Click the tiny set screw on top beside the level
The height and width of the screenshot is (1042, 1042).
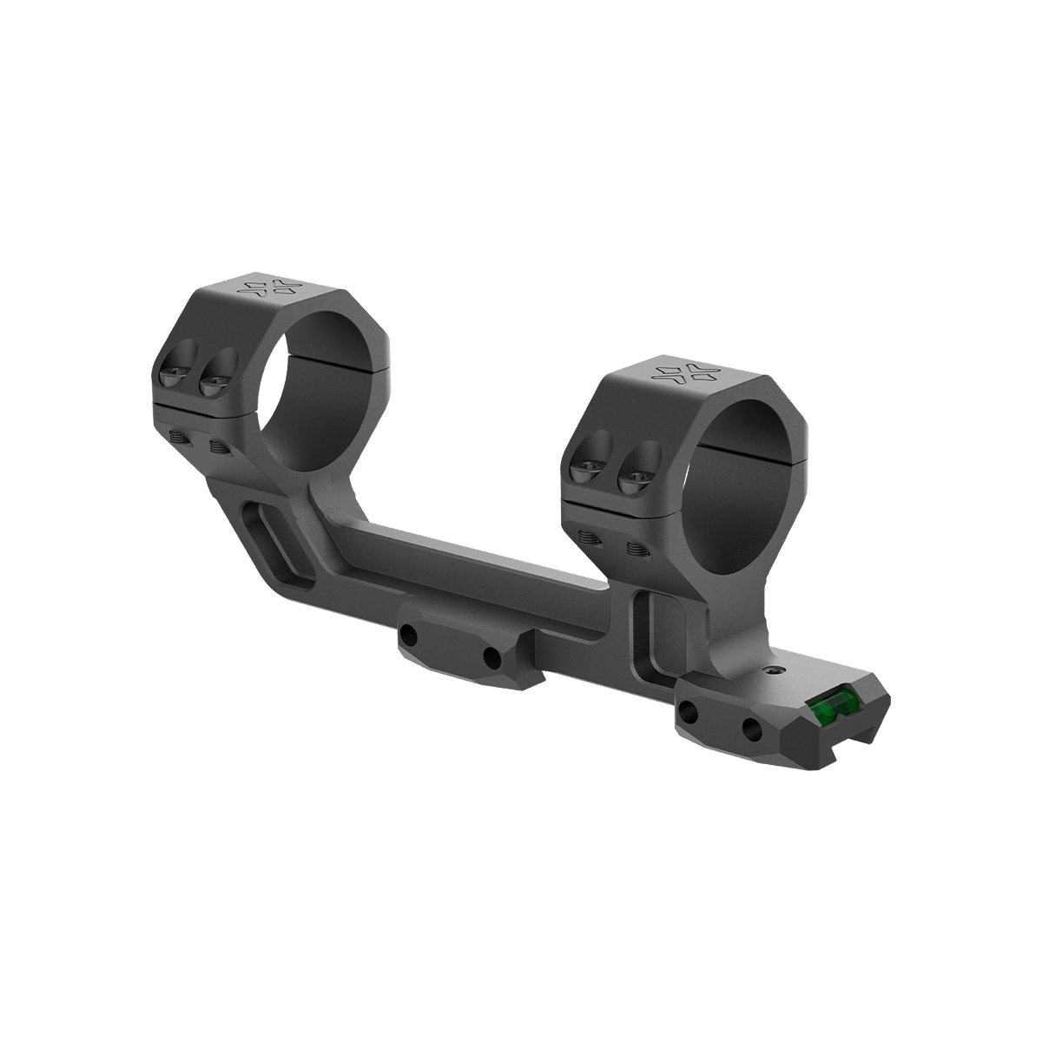(775, 671)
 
